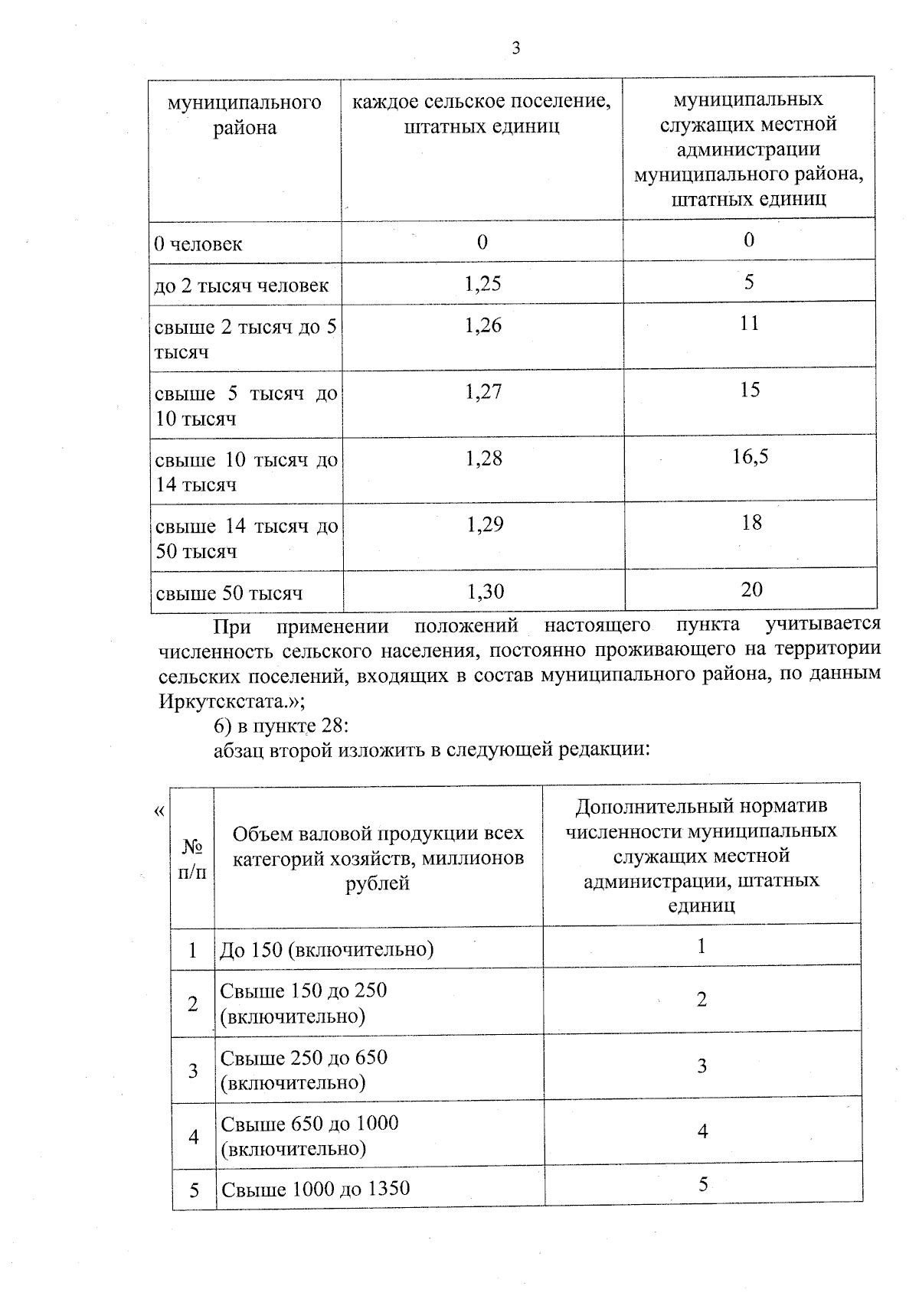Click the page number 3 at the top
click(515, 48)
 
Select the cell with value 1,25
click(482, 284)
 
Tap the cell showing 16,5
click(751, 457)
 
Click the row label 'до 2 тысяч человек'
click(241, 286)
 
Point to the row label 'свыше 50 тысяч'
click(229, 593)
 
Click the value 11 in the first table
click(750, 324)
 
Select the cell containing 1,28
click(484, 459)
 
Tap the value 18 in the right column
click(751, 523)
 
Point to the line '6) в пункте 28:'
click(281, 725)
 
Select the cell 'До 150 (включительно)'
click(327, 950)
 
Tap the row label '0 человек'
click(198, 244)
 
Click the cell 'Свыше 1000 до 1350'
click(316, 1189)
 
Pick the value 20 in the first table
click(751, 589)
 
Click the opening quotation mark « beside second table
click(159, 811)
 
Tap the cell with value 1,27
click(483, 392)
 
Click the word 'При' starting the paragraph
click(232, 627)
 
